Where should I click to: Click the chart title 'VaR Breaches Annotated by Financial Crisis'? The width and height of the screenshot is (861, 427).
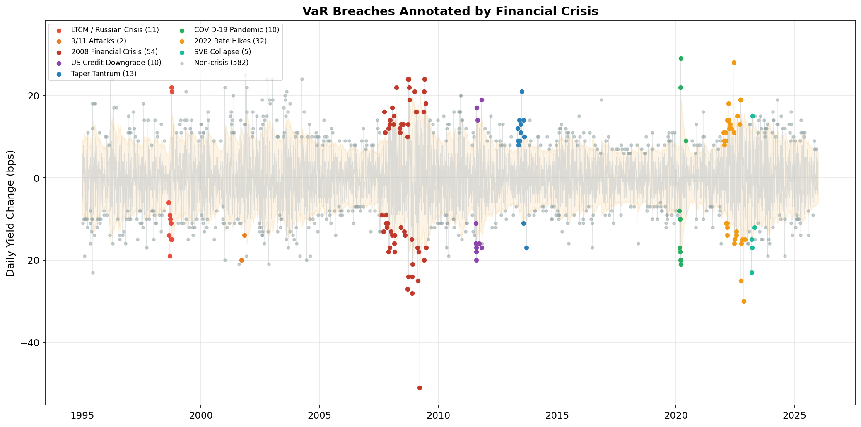click(450, 11)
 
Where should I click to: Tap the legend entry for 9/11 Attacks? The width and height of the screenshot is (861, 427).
click(99, 41)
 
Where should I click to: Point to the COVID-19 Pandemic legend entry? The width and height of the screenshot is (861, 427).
click(236, 30)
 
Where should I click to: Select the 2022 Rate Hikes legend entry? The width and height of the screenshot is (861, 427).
click(230, 41)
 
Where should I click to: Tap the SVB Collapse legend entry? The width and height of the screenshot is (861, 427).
click(222, 52)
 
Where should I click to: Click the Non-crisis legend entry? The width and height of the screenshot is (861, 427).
click(221, 63)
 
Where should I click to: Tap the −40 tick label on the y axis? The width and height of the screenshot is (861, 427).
click(32, 343)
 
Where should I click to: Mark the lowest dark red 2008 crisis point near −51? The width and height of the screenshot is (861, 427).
click(420, 388)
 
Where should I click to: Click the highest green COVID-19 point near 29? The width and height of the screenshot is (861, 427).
click(681, 58)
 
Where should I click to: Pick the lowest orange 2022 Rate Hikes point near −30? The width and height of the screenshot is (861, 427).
click(744, 301)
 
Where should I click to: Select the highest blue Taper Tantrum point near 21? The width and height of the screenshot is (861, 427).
click(522, 92)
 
